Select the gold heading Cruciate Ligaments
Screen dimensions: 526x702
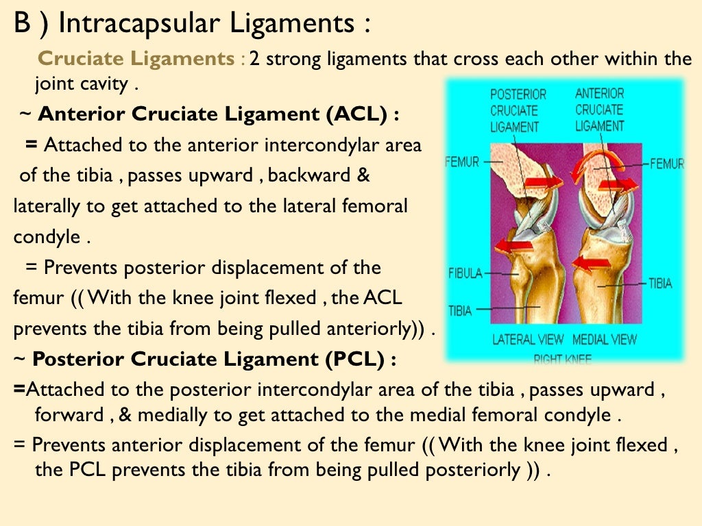(x=136, y=58)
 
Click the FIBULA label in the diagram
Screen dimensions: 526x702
(x=464, y=273)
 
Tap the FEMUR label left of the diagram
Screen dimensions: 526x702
(x=461, y=162)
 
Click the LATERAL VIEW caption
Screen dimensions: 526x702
(x=528, y=339)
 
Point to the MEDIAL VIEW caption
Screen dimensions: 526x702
(x=604, y=339)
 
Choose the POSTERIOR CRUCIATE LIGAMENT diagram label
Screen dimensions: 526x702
(x=518, y=110)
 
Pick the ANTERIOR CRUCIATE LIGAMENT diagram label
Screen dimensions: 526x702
(x=599, y=110)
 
